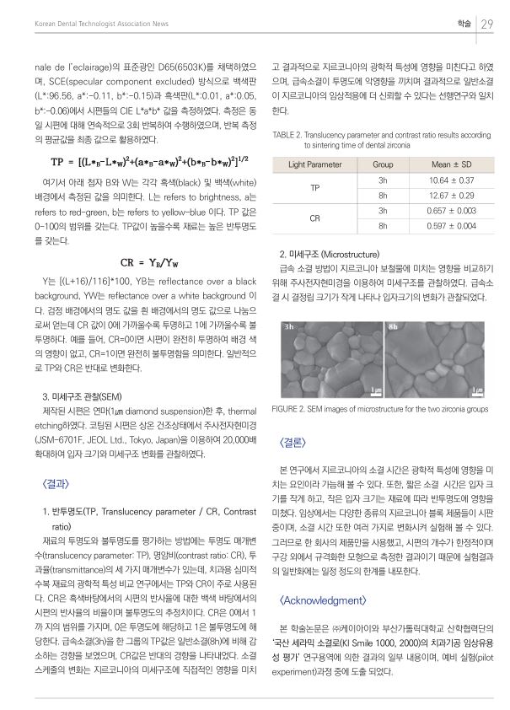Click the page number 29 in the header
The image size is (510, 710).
(x=486, y=24)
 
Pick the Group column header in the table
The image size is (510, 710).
(x=383, y=164)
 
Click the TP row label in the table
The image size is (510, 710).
(x=314, y=188)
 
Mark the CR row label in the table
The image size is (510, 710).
(x=314, y=218)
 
